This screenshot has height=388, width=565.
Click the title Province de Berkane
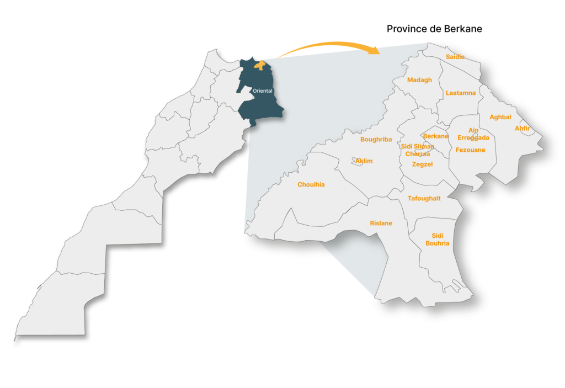click(x=434, y=29)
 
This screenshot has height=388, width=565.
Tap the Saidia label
click(x=455, y=57)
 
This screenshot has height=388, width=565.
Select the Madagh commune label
click(x=419, y=80)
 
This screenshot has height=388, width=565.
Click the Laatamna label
click(x=461, y=93)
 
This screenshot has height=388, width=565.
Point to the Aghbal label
click(x=500, y=117)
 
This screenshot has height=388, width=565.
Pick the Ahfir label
click(x=522, y=129)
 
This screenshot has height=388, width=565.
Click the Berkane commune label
click(x=436, y=136)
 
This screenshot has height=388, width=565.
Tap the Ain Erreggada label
click(x=473, y=134)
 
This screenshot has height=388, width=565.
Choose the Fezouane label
click(x=471, y=150)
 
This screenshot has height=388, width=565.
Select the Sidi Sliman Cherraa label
click(x=418, y=150)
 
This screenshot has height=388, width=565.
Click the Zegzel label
click(x=423, y=164)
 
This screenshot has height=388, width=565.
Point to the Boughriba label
click(x=376, y=140)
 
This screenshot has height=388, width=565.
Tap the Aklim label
click(x=364, y=161)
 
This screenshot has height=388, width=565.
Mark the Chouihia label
click(x=311, y=185)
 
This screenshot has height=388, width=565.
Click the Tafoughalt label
click(x=424, y=199)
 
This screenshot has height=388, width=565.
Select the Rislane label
click(x=381, y=224)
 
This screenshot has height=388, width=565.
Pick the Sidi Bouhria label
click(x=438, y=240)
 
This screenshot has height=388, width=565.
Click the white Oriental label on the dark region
click(x=262, y=91)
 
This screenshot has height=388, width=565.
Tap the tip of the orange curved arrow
click(x=379, y=52)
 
